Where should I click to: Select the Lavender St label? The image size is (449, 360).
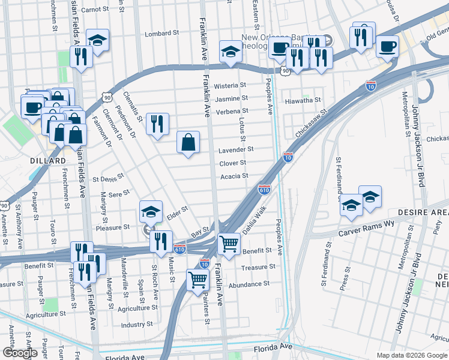236,149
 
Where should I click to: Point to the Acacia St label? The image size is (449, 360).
234,176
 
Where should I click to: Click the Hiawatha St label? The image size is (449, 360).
303,100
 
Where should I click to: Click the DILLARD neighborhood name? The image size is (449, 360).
47,161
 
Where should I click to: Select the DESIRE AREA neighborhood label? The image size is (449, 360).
423,213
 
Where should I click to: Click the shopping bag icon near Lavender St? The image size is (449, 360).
188,143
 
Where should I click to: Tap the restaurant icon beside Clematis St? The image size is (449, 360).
157,124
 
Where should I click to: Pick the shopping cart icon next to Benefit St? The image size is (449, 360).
229,243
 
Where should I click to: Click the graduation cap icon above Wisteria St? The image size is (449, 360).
230,52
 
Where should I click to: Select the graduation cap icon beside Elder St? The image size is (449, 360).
151,211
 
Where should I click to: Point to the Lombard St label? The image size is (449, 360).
162,34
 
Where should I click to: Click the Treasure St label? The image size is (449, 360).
258,267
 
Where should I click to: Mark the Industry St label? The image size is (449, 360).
133,324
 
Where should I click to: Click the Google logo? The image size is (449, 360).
20,353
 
